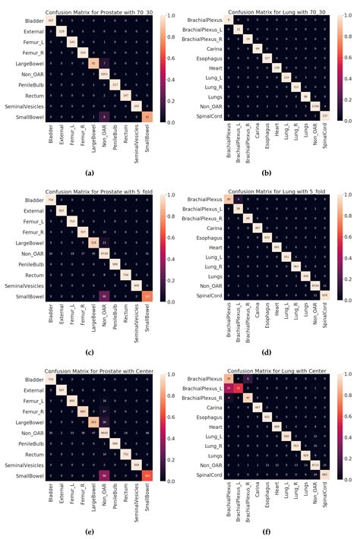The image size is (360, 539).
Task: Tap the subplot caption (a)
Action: (90, 172)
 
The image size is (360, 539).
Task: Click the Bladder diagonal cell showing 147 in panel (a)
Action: (51, 20)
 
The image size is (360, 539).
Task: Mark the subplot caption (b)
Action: (270, 172)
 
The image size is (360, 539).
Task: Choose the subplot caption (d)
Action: (270, 351)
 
